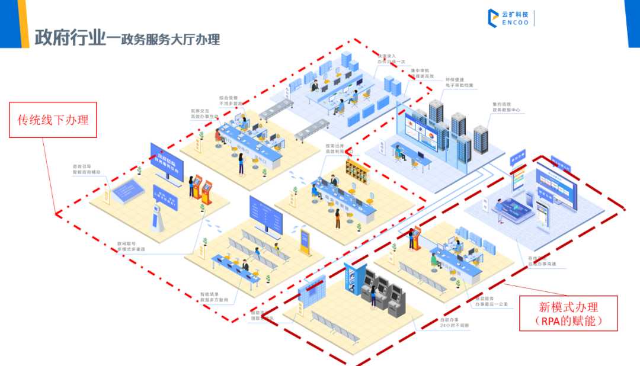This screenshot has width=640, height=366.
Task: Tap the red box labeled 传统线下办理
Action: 53,120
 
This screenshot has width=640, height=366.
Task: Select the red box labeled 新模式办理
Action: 568,313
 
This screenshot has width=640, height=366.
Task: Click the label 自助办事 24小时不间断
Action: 454,323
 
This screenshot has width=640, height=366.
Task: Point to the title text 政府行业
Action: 70,37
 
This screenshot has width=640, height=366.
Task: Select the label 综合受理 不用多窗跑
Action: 229,100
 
